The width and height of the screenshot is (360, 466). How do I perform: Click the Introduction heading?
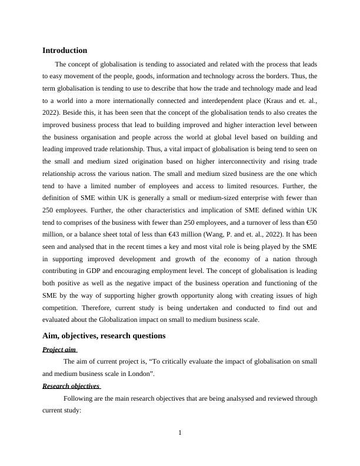pyautogui.click(x=65, y=51)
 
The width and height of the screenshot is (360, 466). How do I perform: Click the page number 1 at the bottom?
pyautogui.click(x=180, y=434)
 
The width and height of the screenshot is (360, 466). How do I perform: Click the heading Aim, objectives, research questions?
pyautogui.click(x=104, y=336)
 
